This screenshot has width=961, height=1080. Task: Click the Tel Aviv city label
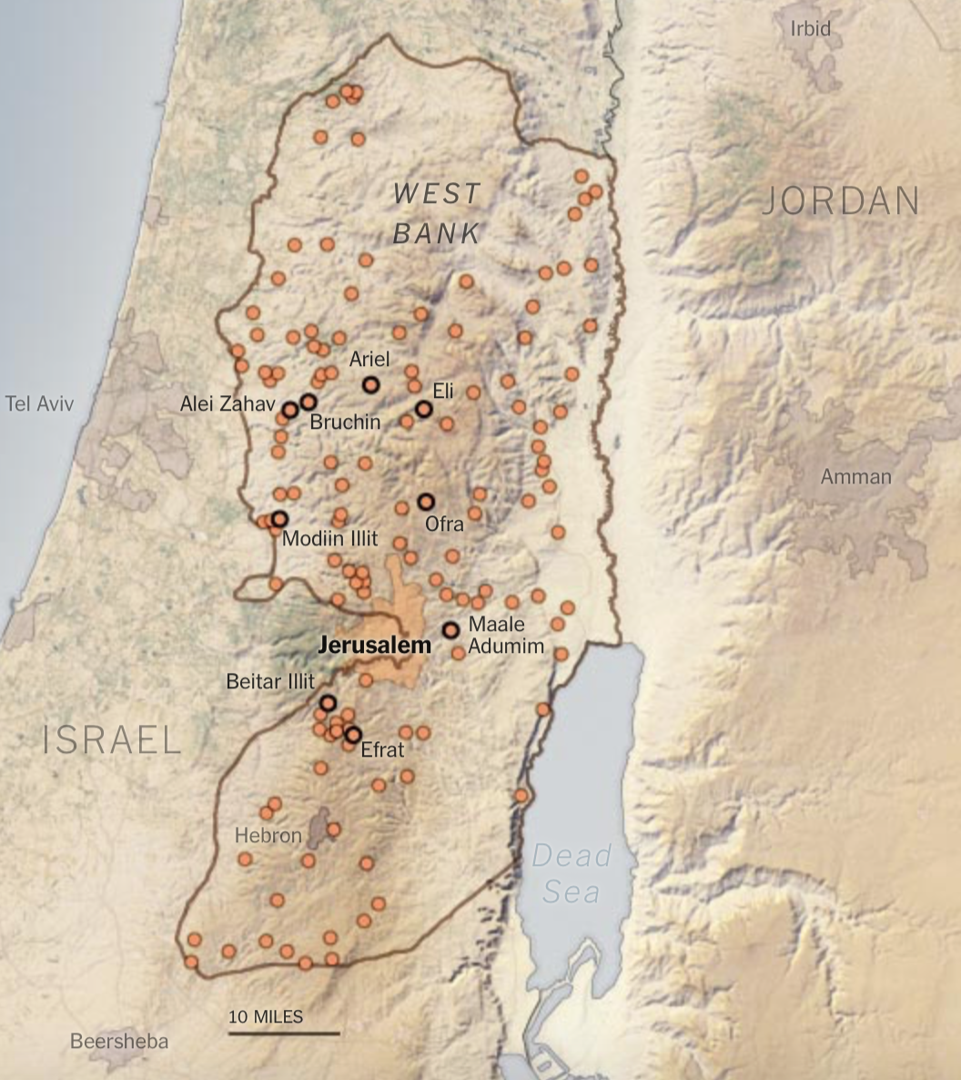click(x=39, y=403)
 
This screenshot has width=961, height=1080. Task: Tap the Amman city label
click(x=855, y=476)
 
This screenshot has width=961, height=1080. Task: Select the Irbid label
click(x=810, y=29)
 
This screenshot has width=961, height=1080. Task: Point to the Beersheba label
click(x=119, y=1041)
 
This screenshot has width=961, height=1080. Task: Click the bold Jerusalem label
click(x=374, y=646)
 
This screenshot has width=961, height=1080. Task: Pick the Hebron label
click(x=268, y=835)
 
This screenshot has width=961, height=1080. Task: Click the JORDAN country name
click(x=840, y=201)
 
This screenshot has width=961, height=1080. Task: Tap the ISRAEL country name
click(x=112, y=740)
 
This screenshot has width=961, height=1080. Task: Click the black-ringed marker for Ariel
click(x=370, y=384)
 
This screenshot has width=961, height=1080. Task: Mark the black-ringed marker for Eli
click(x=423, y=409)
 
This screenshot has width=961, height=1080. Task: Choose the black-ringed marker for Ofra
click(x=425, y=502)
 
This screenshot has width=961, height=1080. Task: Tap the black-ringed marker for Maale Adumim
click(x=450, y=630)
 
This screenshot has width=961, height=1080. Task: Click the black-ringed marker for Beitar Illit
click(x=328, y=703)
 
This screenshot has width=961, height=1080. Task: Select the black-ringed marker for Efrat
click(x=353, y=734)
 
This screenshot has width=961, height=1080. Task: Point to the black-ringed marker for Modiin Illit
click(x=279, y=518)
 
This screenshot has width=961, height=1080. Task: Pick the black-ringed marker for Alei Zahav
click(x=289, y=410)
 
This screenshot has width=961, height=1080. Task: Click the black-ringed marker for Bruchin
click(x=309, y=402)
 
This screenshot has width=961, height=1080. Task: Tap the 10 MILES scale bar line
click(x=283, y=1033)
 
